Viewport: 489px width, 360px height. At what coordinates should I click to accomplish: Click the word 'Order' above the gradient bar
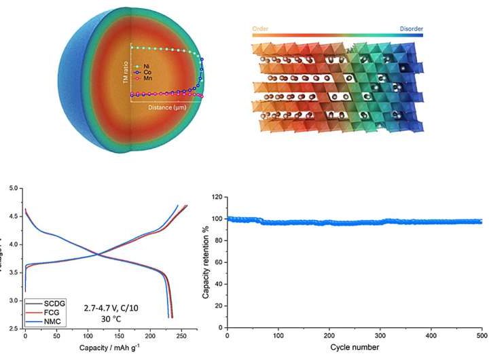click(261, 30)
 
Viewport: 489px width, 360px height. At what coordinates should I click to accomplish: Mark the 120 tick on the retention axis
click(217, 198)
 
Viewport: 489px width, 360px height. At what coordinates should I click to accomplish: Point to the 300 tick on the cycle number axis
click(380, 336)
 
